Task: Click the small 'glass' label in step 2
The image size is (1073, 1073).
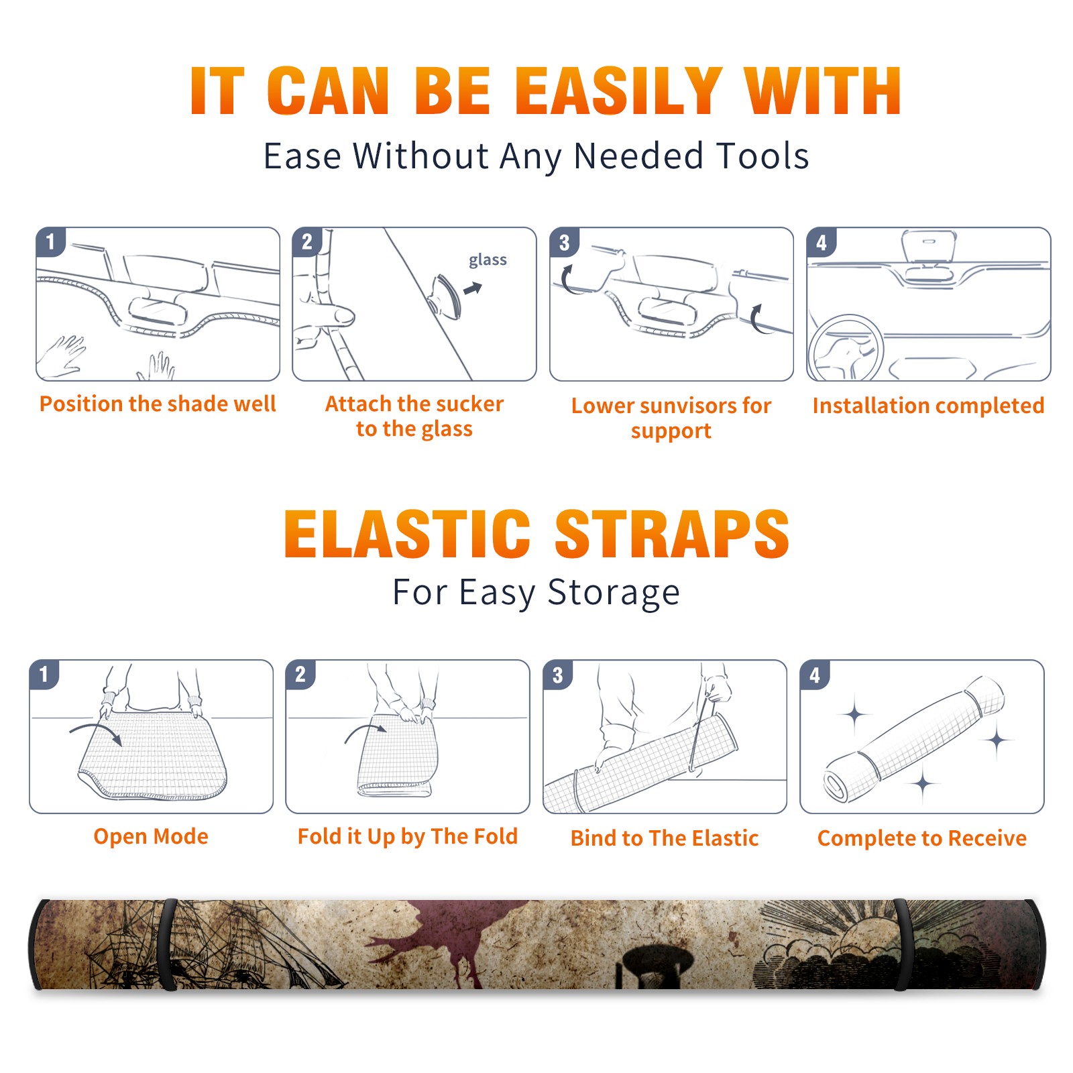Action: tap(488, 260)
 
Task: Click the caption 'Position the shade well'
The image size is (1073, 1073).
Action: tap(158, 404)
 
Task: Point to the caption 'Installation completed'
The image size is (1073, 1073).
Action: tap(928, 405)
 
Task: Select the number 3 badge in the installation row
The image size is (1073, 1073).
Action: tap(564, 242)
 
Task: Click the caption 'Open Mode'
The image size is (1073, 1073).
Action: tap(151, 836)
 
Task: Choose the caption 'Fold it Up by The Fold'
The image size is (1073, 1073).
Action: tap(408, 837)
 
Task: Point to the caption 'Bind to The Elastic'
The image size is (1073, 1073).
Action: tap(665, 838)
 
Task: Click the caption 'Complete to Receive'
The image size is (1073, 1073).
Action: tap(922, 838)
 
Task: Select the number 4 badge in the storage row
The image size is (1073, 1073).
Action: tap(814, 675)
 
